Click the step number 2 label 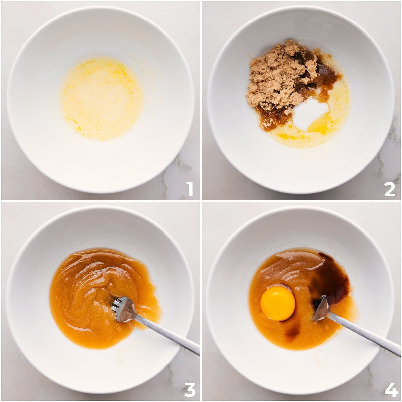tap(390, 189)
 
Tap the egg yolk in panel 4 tap(278, 303)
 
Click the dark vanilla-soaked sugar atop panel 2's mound tap(325, 69)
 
